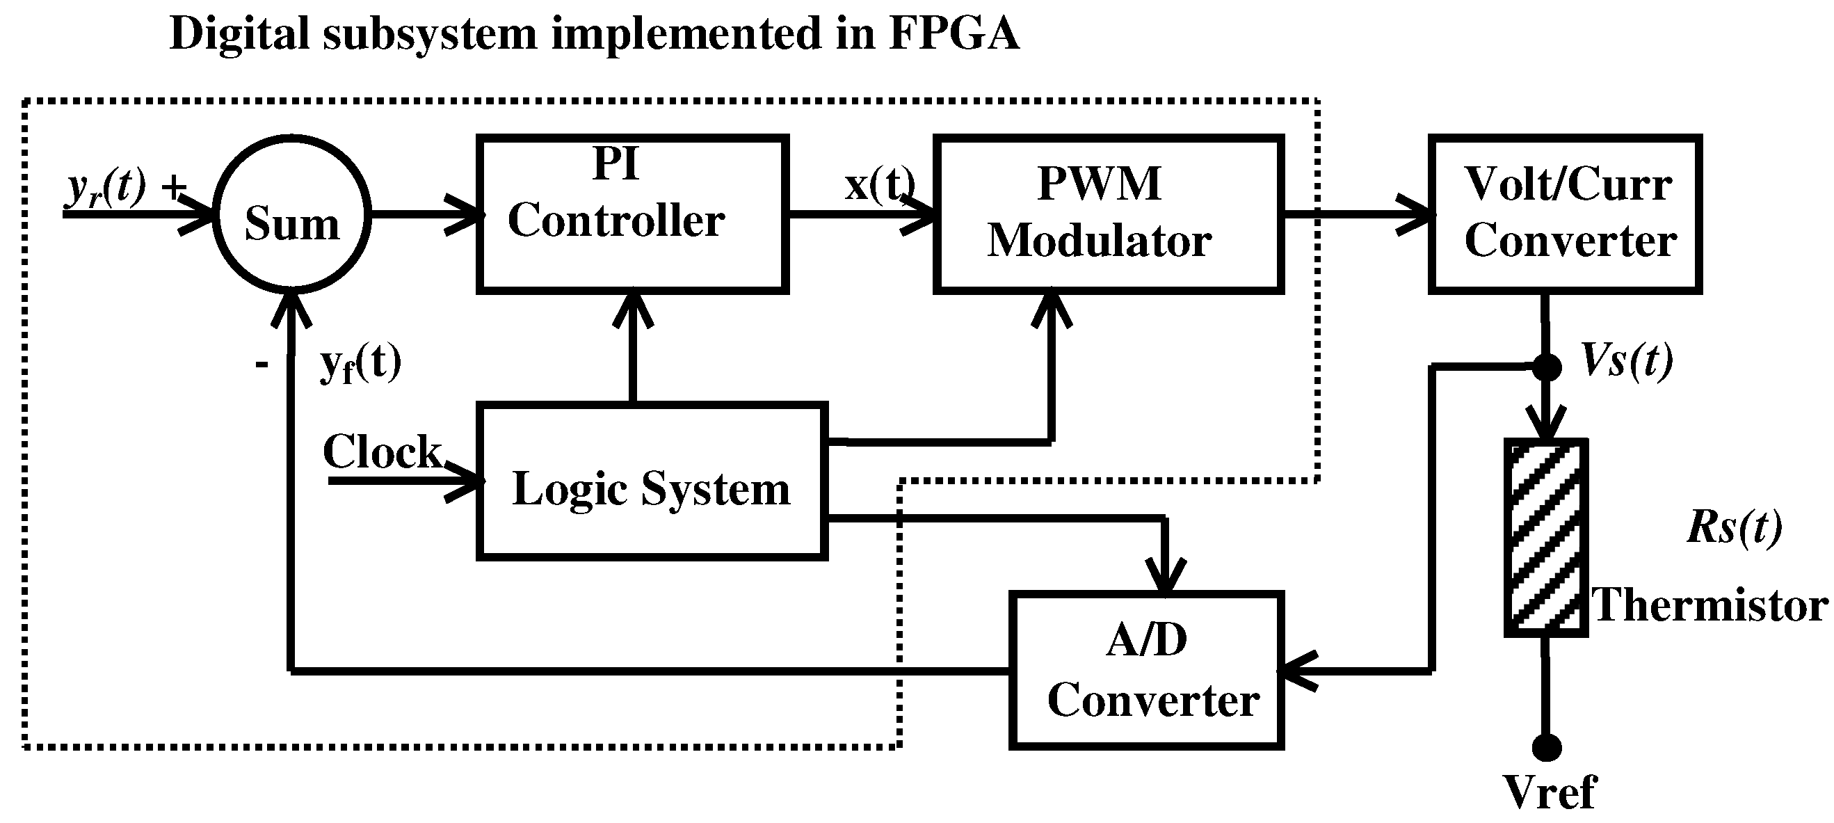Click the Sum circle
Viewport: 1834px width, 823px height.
pyautogui.click(x=291, y=214)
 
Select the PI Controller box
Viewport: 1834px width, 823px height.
pyautogui.click(x=632, y=214)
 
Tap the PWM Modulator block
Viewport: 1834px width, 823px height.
pyautogui.click(x=1108, y=214)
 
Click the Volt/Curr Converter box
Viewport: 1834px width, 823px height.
pyautogui.click(x=1564, y=214)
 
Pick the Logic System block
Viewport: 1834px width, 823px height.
pyautogui.click(x=652, y=482)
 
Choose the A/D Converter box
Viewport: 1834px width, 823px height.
pyautogui.click(x=1145, y=670)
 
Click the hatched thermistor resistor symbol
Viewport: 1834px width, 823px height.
pyautogui.click(x=1545, y=538)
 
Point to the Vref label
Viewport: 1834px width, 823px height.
pyautogui.click(x=1550, y=792)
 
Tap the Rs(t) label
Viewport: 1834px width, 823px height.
pyautogui.click(x=1735, y=527)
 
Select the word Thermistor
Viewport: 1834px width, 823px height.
pyautogui.click(x=1710, y=605)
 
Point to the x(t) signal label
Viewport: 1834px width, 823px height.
pyautogui.click(x=879, y=184)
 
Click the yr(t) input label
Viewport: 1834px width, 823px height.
pyautogui.click(x=107, y=187)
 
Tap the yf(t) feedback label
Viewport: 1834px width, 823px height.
pyautogui.click(x=360, y=362)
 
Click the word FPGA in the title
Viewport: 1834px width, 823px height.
pyautogui.click(x=954, y=33)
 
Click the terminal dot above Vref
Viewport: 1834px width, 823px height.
pyautogui.click(x=1545, y=748)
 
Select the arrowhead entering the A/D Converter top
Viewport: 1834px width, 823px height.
pyautogui.click(x=1165, y=577)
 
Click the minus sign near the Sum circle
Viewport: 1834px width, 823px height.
pyautogui.click(x=262, y=365)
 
